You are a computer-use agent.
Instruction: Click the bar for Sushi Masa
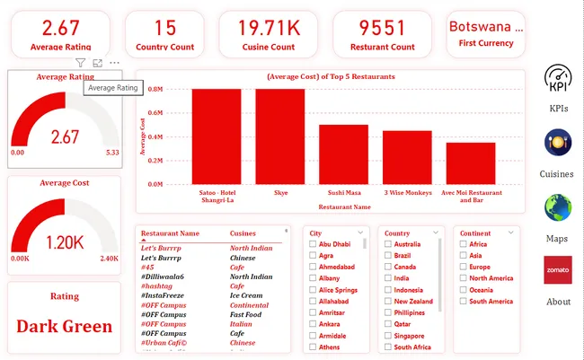click(343, 154)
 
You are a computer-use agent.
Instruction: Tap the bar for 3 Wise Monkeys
click(407, 157)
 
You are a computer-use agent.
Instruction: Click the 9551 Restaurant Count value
click(382, 29)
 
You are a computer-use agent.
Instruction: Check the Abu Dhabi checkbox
click(313, 244)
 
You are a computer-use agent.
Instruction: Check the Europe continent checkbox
click(463, 268)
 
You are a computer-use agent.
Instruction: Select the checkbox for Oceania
click(463, 290)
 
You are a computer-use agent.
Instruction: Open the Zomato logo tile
click(559, 270)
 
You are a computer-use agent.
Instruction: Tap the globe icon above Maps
click(559, 208)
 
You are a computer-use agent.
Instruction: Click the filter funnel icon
click(81, 63)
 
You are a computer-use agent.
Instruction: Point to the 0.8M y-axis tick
click(155, 90)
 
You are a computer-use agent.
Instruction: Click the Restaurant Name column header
click(171, 233)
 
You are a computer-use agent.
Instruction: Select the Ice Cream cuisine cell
click(246, 295)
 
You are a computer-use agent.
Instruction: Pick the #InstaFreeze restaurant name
click(167, 295)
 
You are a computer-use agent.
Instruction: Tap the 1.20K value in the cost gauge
click(65, 241)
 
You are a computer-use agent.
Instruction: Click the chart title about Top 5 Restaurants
click(331, 77)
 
